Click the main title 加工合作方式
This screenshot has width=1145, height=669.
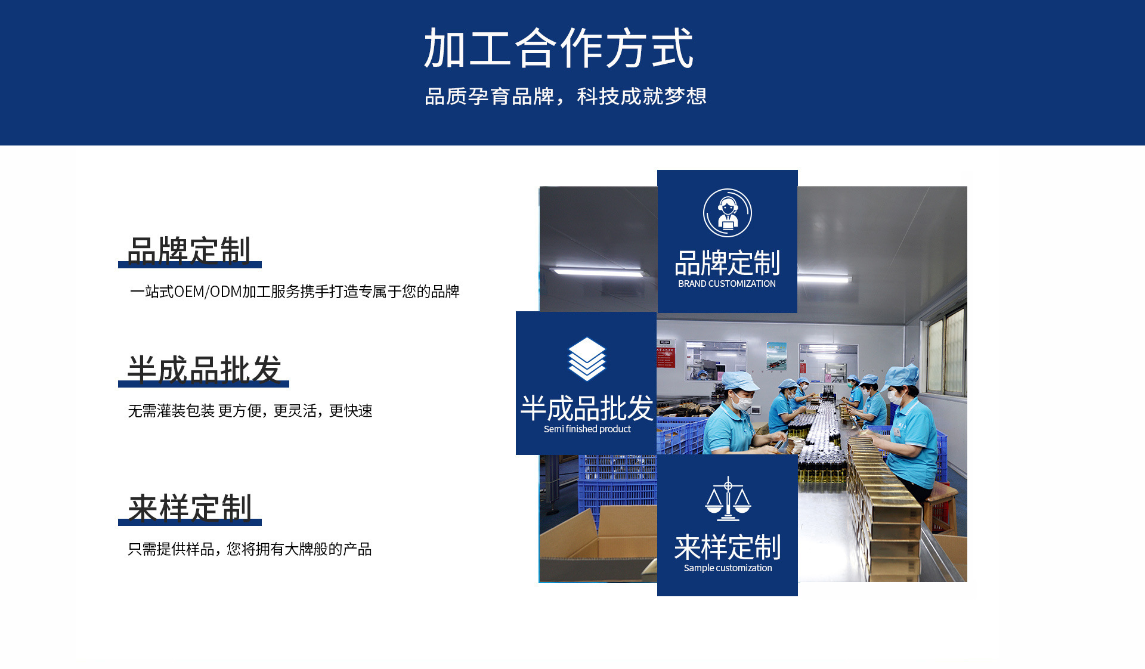[558, 48]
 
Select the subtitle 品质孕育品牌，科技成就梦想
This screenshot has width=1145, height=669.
[565, 96]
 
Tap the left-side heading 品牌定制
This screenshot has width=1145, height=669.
[189, 250]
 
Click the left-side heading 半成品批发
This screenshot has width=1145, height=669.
[204, 369]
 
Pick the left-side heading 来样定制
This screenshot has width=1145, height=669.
[190, 508]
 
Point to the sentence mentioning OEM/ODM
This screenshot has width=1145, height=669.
[295, 292]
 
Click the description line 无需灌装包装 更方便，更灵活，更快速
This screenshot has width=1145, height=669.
[250, 411]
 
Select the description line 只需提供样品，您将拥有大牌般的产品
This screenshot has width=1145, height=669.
[249, 549]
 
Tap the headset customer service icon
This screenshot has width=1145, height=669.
[727, 213]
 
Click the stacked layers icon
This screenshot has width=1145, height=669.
[587, 359]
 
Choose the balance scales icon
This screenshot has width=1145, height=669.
[728, 498]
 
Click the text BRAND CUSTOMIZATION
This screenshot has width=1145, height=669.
[727, 284]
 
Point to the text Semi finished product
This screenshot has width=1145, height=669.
[587, 429]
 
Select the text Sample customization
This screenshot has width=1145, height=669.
[728, 568]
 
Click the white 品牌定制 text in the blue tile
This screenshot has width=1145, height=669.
[727, 263]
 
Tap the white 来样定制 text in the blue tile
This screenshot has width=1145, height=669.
[728, 547]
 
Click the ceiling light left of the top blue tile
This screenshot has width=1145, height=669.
[599, 272]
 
